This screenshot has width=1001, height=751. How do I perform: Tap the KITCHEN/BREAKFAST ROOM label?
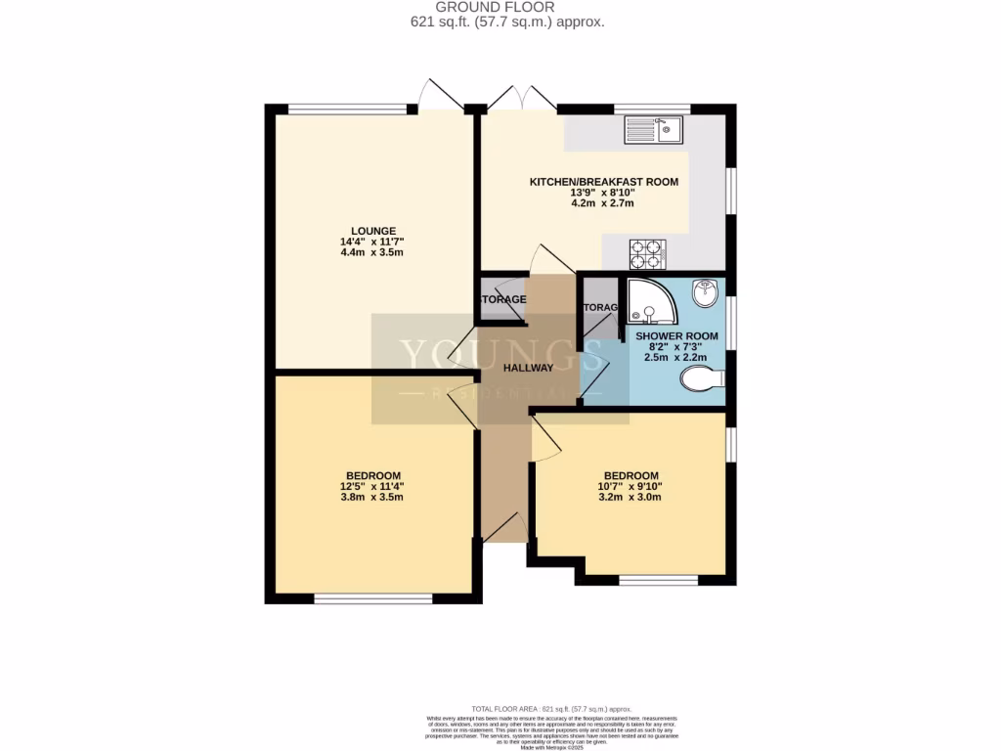tap(603, 182)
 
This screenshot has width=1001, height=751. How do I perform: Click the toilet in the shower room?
tap(702, 378)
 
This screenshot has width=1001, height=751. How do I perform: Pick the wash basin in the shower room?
tap(706, 291)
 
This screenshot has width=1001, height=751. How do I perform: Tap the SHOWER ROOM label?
tap(676, 336)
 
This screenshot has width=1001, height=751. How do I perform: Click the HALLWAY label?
tap(528, 368)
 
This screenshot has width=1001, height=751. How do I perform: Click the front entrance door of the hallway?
tap(505, 529)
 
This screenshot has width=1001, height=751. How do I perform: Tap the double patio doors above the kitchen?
tap(521, 98)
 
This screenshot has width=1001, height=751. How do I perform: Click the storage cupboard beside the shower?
tap(600, 308)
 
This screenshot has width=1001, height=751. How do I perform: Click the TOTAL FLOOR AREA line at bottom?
tap(550, 708)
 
